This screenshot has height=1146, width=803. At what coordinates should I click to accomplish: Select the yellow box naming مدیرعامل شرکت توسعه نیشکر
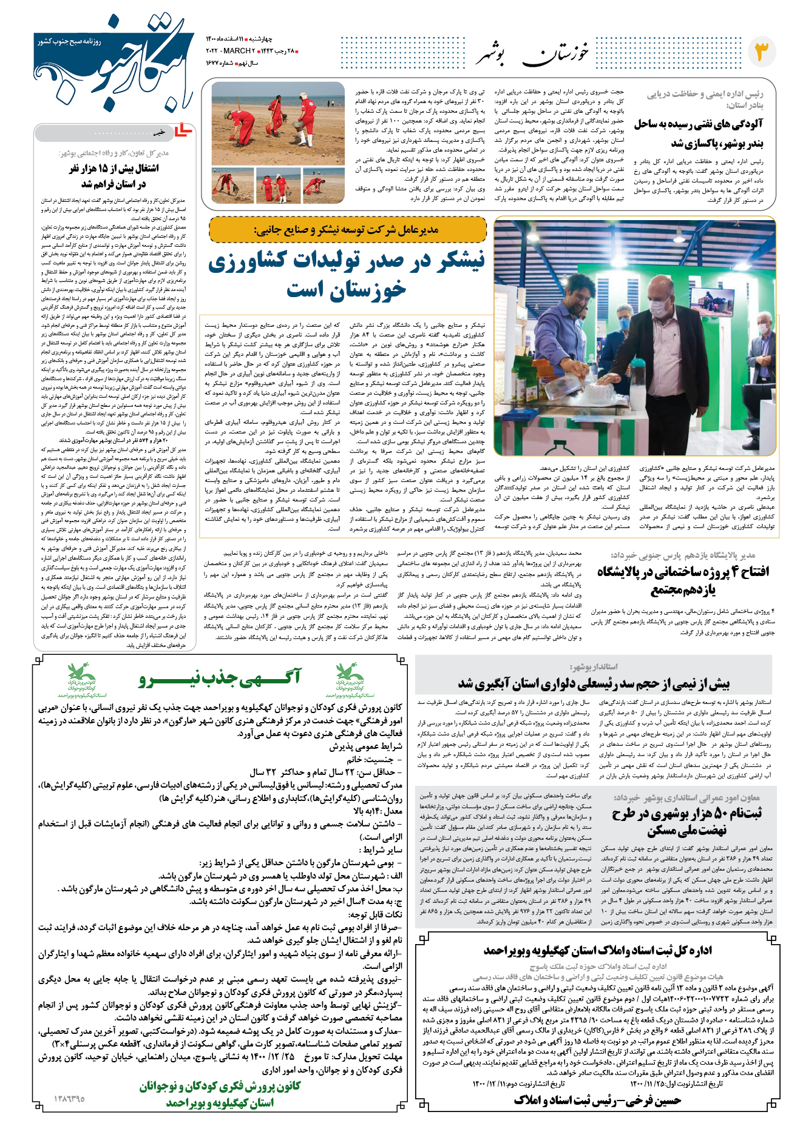347,230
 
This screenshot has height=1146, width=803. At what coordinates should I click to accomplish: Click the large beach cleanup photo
278,123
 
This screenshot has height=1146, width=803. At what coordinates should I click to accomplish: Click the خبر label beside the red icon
158,132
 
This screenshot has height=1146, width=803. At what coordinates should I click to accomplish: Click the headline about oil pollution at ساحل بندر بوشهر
699,133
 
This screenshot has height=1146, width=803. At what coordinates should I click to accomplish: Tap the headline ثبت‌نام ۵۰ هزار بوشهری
686,821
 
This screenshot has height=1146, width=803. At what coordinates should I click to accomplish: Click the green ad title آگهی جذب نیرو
220,679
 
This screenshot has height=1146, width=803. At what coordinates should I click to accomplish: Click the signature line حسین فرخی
597,1100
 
